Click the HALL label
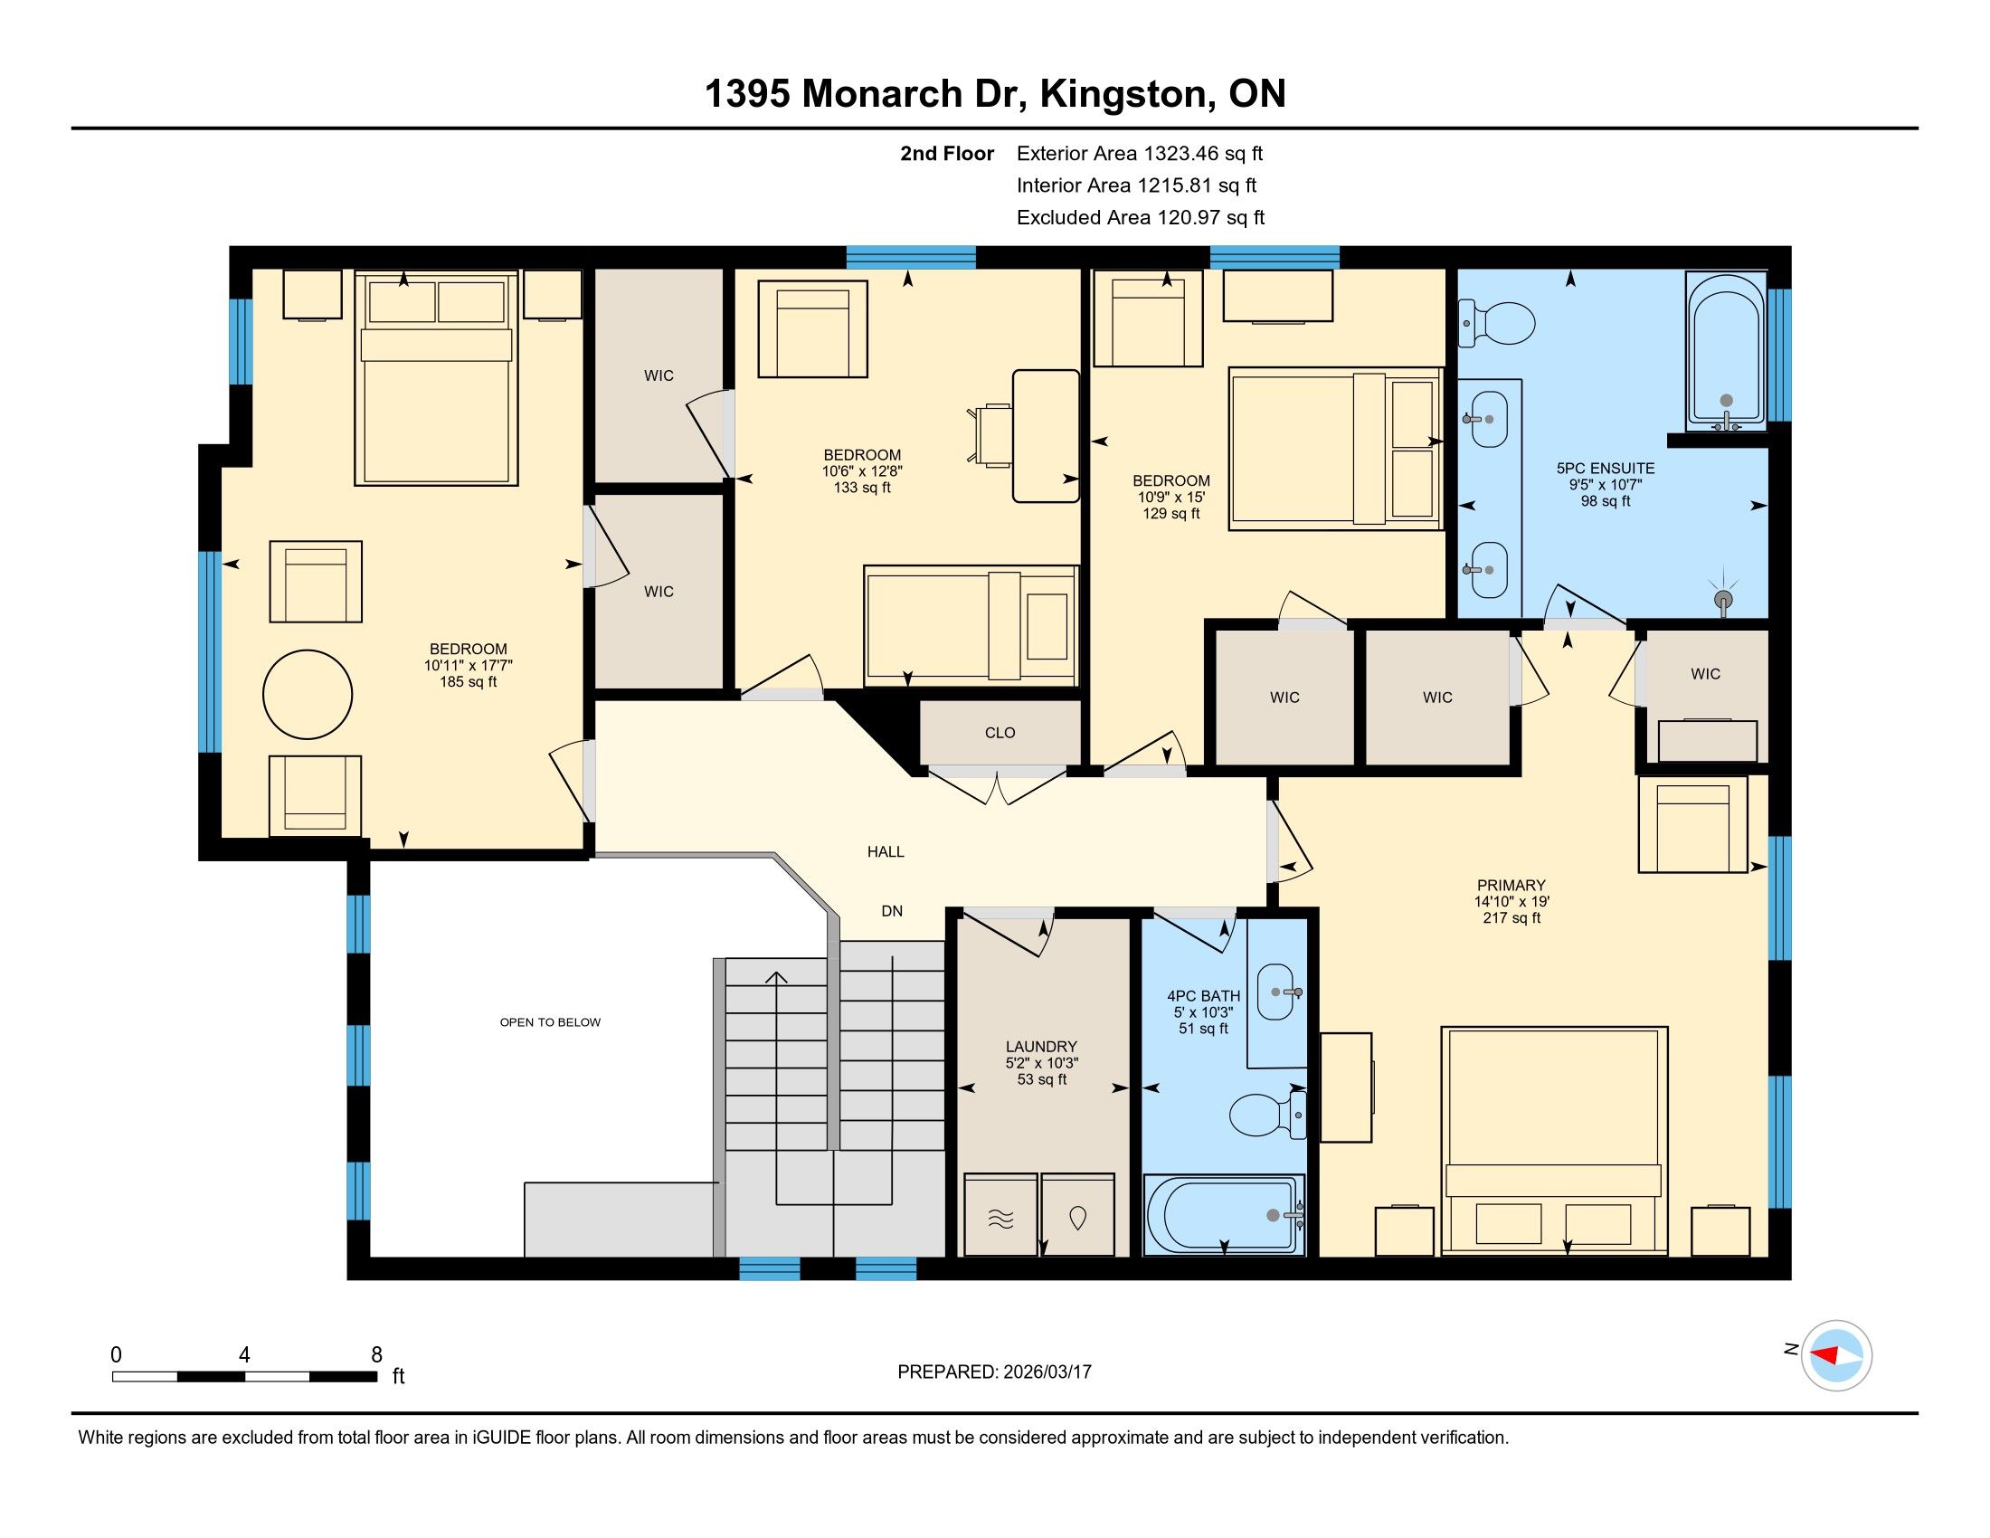pos(885,852)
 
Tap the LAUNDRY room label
pos(1041,1047)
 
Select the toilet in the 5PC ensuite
pos(1499,324)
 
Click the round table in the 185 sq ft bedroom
pos(307,694)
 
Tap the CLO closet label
pos(1000,733)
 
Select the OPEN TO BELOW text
pos(549,1022)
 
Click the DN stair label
pos(891,911)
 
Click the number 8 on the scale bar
pos(376,1355)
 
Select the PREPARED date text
pos(994,1372)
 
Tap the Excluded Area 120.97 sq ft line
pos(1140,218)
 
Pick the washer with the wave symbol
pos(1000,1216)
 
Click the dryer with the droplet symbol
pos(1078,1216)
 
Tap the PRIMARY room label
pos(1511,885)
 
